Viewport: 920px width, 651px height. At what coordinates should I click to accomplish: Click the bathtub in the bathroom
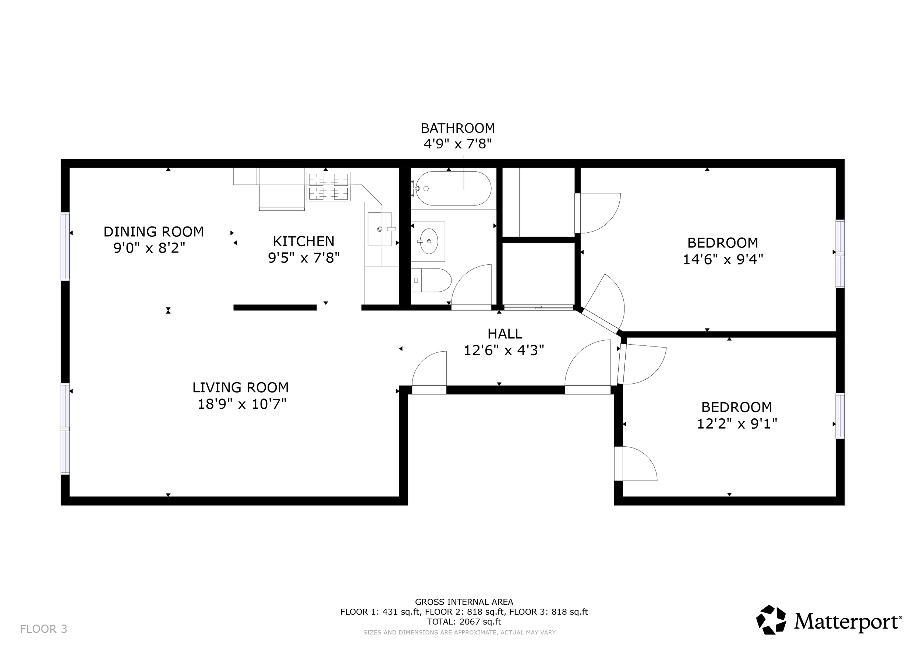click(x=453, y=189)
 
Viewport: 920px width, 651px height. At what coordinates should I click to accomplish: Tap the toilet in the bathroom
click(x=431, y=280)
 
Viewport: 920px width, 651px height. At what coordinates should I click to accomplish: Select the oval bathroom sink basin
click(x=429, y=241)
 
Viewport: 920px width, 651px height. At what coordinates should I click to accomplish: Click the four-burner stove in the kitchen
click(x=329, y=186)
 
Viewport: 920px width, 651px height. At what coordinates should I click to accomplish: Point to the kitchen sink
click(x=379, y=229)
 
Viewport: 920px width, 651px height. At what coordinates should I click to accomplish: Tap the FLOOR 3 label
click(x=44, y=629)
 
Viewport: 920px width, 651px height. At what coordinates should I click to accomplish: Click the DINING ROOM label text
click(x=154, y=232)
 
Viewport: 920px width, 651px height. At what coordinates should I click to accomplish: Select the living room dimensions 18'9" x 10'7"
click(x=242, y=404)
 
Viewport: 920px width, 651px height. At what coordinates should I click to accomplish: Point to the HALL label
click(x=505, y=334)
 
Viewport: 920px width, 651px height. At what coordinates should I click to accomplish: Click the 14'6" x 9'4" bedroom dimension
click(x=723, y=259)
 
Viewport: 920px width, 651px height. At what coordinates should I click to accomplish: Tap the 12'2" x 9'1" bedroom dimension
click(x=737, y=424)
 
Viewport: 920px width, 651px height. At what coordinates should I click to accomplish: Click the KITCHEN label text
click(x=304, y=241)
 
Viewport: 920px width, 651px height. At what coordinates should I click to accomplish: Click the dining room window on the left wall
click(x=65, y=246)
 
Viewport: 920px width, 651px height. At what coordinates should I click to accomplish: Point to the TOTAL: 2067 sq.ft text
click(x=464, y=622)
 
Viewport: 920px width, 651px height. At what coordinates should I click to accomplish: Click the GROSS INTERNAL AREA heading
click(x=464, y=602)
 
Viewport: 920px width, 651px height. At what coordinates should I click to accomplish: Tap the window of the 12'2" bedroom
click(x=840, y=416)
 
